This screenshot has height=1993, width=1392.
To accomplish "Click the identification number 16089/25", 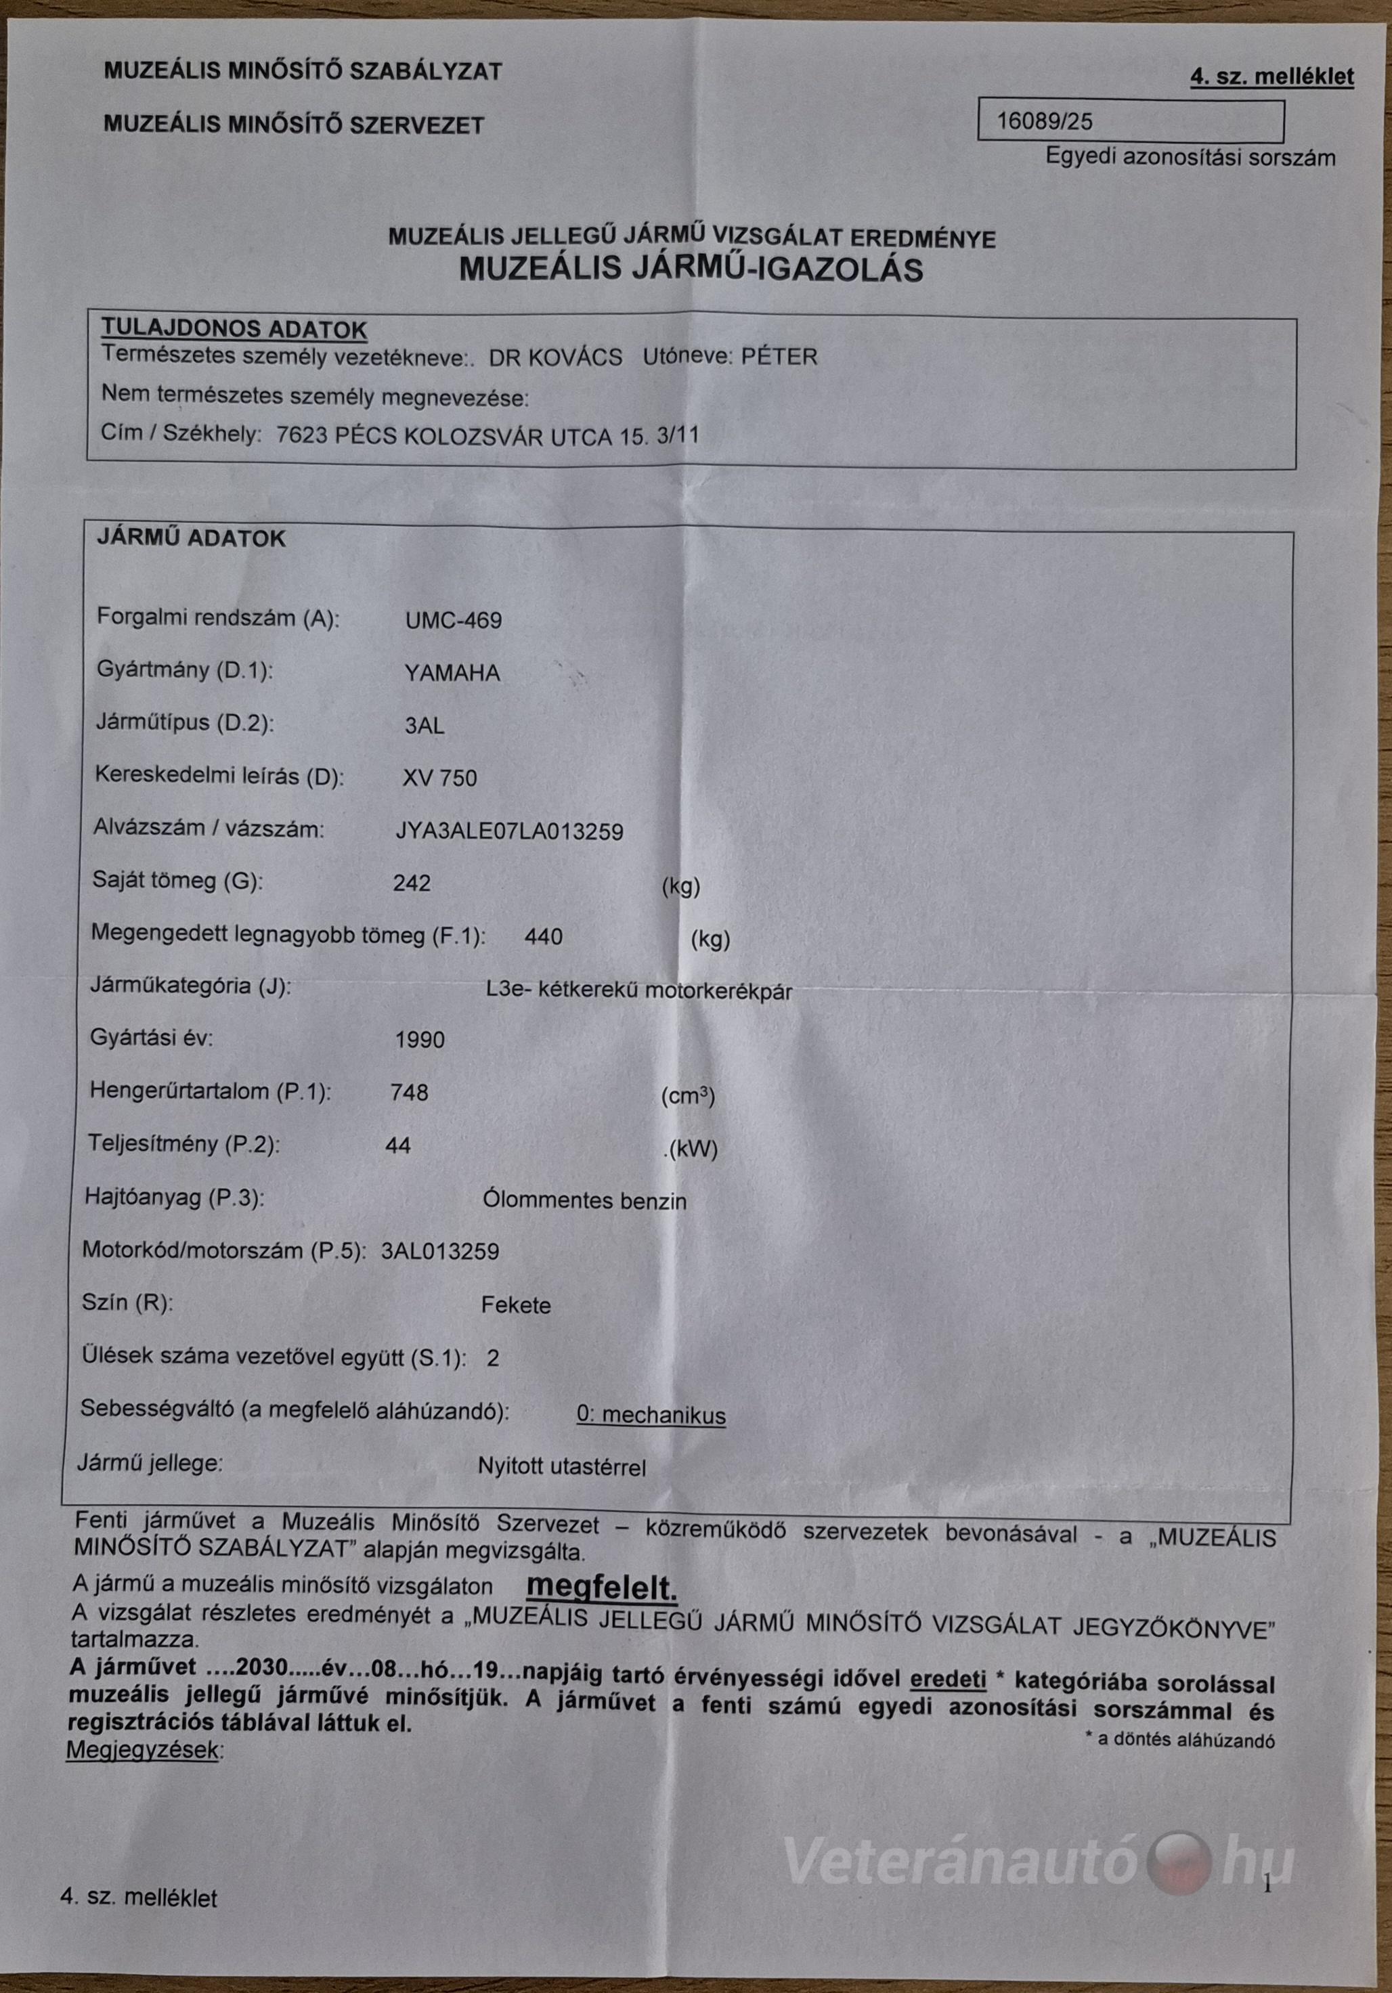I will (1044, 122).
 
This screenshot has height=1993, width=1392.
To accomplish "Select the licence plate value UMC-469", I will (454, 620).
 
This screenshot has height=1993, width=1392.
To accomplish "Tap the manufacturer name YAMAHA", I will (452, 673).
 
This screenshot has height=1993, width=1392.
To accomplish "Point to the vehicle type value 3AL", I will (425, 726).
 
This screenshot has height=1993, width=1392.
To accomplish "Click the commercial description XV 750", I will (439, 778).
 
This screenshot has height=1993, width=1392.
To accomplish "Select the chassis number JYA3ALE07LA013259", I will (510, 831).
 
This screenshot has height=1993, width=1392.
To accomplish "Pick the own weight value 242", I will (412, 883).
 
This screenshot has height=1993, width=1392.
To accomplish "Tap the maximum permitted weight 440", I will (544, 937).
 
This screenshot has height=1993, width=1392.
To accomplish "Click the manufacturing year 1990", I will (419, 1040).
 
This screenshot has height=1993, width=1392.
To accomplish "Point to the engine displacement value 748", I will (410, 1092).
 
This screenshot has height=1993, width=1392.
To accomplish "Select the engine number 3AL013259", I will (440, 1251).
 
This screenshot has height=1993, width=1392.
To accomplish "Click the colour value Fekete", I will (516, 1305).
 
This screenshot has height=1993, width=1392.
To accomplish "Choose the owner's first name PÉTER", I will (779, 357).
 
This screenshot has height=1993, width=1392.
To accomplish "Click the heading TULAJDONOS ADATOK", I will (234, 330).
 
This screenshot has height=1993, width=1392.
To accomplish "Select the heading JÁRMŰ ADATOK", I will (191, 538).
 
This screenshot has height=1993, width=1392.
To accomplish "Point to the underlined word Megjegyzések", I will (144, 1751).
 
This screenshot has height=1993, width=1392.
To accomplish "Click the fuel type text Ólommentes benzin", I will (584, 1202).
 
